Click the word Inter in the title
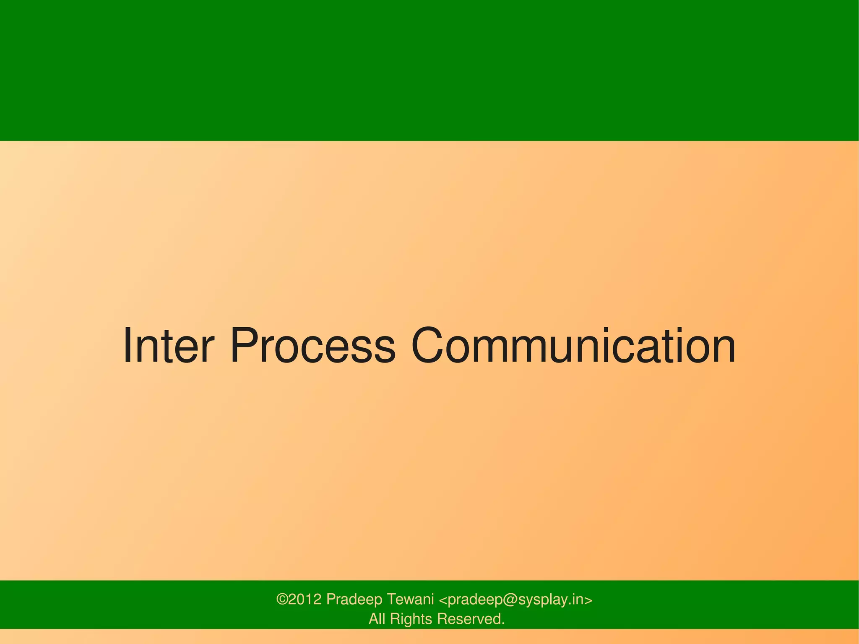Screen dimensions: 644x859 point(168,346)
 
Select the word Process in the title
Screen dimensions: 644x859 point(312,346)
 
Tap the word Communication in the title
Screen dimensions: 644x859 point(573,346)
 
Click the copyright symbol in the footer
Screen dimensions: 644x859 point(282,600)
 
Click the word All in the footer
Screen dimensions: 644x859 point(377,619)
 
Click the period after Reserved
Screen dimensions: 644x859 point(503,623)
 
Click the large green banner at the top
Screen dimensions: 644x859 point(429,70)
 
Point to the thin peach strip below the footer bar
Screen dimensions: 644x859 point(429,636)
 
